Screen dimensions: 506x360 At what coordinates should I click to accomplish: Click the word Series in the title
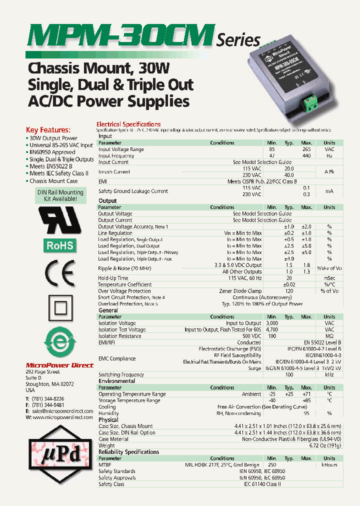click(238, 40)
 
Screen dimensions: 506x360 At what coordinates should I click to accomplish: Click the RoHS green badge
click(60, 245)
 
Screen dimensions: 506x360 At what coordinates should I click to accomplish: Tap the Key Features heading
click(48, 129)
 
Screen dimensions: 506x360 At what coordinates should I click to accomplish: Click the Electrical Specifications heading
click(128, 124)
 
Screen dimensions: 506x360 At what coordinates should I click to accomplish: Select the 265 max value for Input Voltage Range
click(306, 149)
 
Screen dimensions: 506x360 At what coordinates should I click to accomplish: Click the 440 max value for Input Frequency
click(306, 156)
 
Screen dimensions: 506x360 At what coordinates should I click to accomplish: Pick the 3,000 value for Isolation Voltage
click(272, 323)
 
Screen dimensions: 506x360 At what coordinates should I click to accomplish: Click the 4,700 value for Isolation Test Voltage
click(272, 330)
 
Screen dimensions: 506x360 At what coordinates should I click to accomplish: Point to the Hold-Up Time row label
click(113, 278)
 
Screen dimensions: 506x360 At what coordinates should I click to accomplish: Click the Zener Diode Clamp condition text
click(240, 291)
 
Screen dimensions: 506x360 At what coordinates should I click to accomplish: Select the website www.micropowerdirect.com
click(62, 417)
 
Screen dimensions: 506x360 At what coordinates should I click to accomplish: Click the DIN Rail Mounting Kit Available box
click(60, 195)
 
